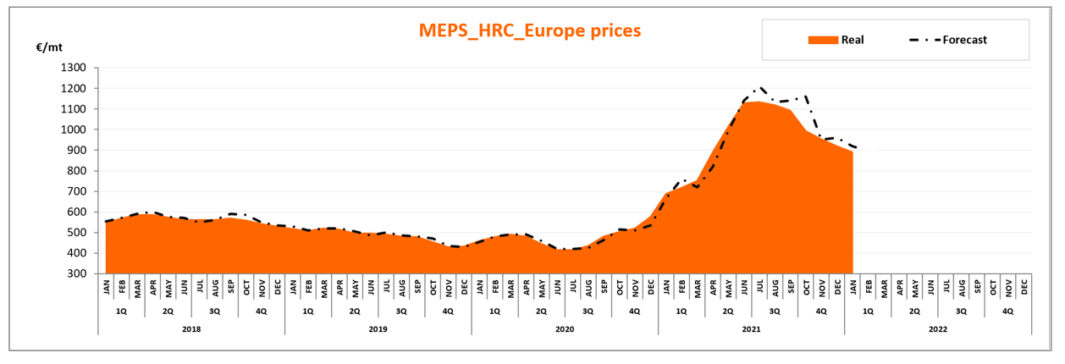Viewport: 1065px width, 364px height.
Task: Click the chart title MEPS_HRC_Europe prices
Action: point(530,30)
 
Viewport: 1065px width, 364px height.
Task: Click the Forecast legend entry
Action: point(964,40)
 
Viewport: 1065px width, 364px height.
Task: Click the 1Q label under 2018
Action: point(121,311)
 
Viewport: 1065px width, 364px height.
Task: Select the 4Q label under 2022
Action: point(1007,311)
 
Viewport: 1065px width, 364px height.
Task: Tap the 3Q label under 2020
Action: point(588,311)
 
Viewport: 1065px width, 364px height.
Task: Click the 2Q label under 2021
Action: point(728,311)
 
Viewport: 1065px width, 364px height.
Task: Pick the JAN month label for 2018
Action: point(107,288)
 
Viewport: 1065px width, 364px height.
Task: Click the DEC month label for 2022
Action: point(1024,288)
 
